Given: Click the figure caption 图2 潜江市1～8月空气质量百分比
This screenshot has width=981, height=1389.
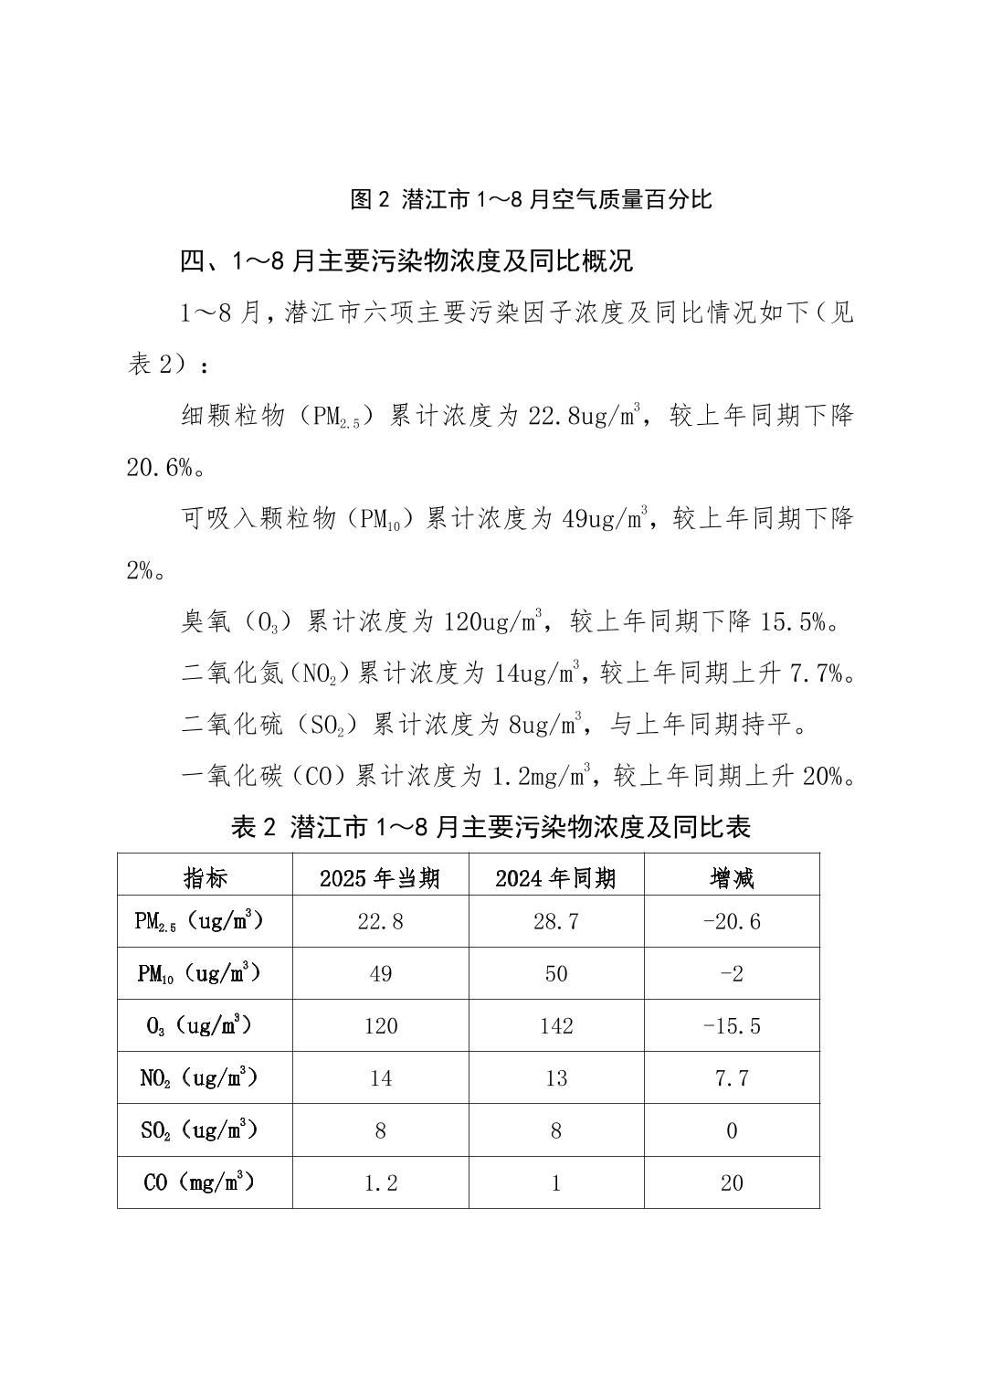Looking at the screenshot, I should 531,199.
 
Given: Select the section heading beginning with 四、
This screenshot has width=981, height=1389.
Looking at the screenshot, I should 406,261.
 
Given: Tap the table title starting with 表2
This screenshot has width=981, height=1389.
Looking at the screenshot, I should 490,828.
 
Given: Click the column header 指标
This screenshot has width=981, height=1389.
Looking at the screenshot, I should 205,879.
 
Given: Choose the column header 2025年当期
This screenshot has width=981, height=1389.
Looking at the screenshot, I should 380,879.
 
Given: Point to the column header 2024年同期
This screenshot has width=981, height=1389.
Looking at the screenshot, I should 555,879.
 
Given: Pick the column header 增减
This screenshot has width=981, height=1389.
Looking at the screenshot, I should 732,879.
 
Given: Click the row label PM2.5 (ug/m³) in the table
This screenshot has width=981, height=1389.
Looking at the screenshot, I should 199,921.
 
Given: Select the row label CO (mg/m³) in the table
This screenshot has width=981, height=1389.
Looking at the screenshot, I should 199,1182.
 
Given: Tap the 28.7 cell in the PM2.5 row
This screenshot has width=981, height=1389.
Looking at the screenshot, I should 555,922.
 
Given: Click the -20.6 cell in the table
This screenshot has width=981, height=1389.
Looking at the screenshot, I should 732,922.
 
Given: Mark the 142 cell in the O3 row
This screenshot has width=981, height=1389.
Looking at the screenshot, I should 555,1026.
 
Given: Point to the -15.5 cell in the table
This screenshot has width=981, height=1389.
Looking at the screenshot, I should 732,1026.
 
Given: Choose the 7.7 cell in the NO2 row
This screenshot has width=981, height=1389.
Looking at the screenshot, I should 732,1078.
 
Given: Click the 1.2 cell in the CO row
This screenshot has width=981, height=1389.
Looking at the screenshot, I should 380,1183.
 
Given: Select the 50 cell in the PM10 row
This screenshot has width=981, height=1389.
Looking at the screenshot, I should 555,974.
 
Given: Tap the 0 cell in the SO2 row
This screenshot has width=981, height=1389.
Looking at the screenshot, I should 732,1131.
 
